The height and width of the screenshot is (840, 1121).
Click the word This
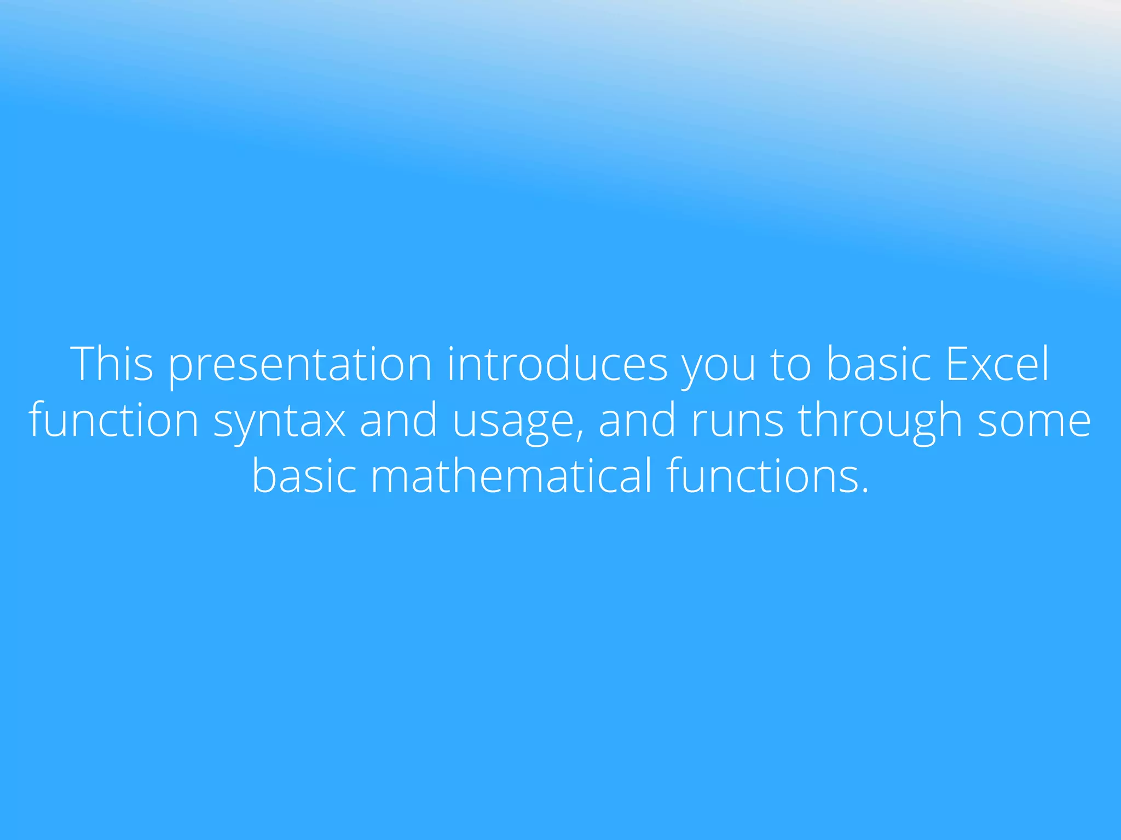click(112, 364)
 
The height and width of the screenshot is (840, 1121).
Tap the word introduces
click(557, 364)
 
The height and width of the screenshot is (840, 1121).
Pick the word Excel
click(997, 364)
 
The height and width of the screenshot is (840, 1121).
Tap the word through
click(880, 421)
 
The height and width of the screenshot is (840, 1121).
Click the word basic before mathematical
click(304, 476)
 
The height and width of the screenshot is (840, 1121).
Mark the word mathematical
click(512, 476)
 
